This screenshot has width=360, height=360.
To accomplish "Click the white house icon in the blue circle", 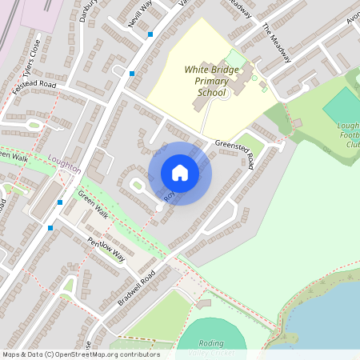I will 180,173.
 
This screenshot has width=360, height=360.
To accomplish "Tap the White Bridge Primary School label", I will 211,82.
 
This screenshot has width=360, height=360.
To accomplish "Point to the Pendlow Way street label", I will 106,249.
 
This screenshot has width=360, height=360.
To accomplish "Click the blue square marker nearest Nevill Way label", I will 150,34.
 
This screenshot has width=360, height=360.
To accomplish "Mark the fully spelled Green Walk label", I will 93,206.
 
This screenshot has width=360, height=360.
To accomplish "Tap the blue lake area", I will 328,320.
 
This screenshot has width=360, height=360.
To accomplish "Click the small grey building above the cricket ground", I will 204,304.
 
